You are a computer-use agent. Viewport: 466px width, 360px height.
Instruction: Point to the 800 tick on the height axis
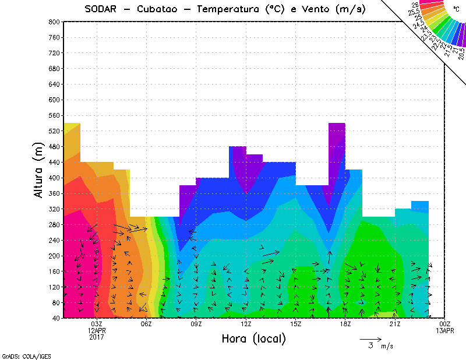[54, 22]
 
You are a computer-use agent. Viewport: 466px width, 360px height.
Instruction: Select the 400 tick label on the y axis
[54, 178]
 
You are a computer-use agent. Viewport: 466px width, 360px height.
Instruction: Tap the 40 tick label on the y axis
[55, 318]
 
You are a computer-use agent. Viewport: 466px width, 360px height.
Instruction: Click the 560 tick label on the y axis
[54, 115]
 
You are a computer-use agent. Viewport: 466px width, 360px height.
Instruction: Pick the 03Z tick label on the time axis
[97, 324]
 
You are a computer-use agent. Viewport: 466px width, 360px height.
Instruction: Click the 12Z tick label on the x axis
[246, 324]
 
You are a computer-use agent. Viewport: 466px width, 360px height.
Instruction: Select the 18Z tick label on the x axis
[345, 324]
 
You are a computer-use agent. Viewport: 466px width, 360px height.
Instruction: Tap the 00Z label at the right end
[445, 324]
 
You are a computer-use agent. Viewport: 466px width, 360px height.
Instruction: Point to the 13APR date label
[445, 330]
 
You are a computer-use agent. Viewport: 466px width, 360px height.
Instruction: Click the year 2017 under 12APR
[97, 337]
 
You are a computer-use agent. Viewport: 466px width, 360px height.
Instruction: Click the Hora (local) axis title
[253, 338]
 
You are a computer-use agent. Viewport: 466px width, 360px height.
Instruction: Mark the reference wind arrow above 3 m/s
[370, 338]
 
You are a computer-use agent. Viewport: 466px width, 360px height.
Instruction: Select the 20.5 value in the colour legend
[461, 54]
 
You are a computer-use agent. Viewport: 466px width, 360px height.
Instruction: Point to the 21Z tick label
[395, 324]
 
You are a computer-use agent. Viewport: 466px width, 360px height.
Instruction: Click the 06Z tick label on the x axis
[146, 324]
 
